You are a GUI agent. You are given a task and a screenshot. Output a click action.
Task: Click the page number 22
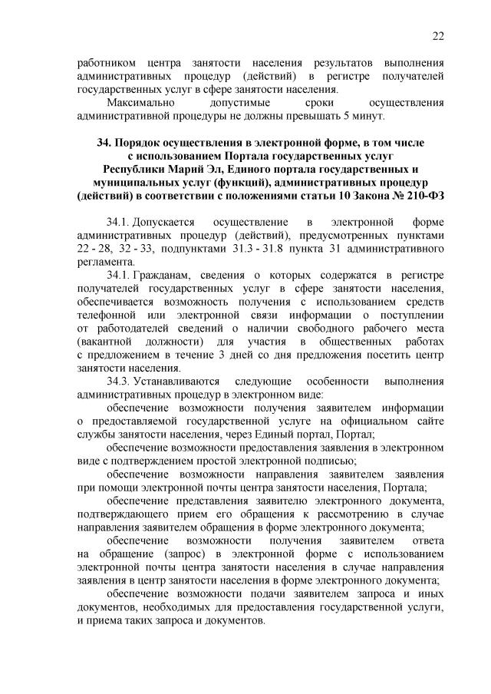tap(438, 35)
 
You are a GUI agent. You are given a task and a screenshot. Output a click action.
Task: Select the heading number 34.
tap(105, 144)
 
